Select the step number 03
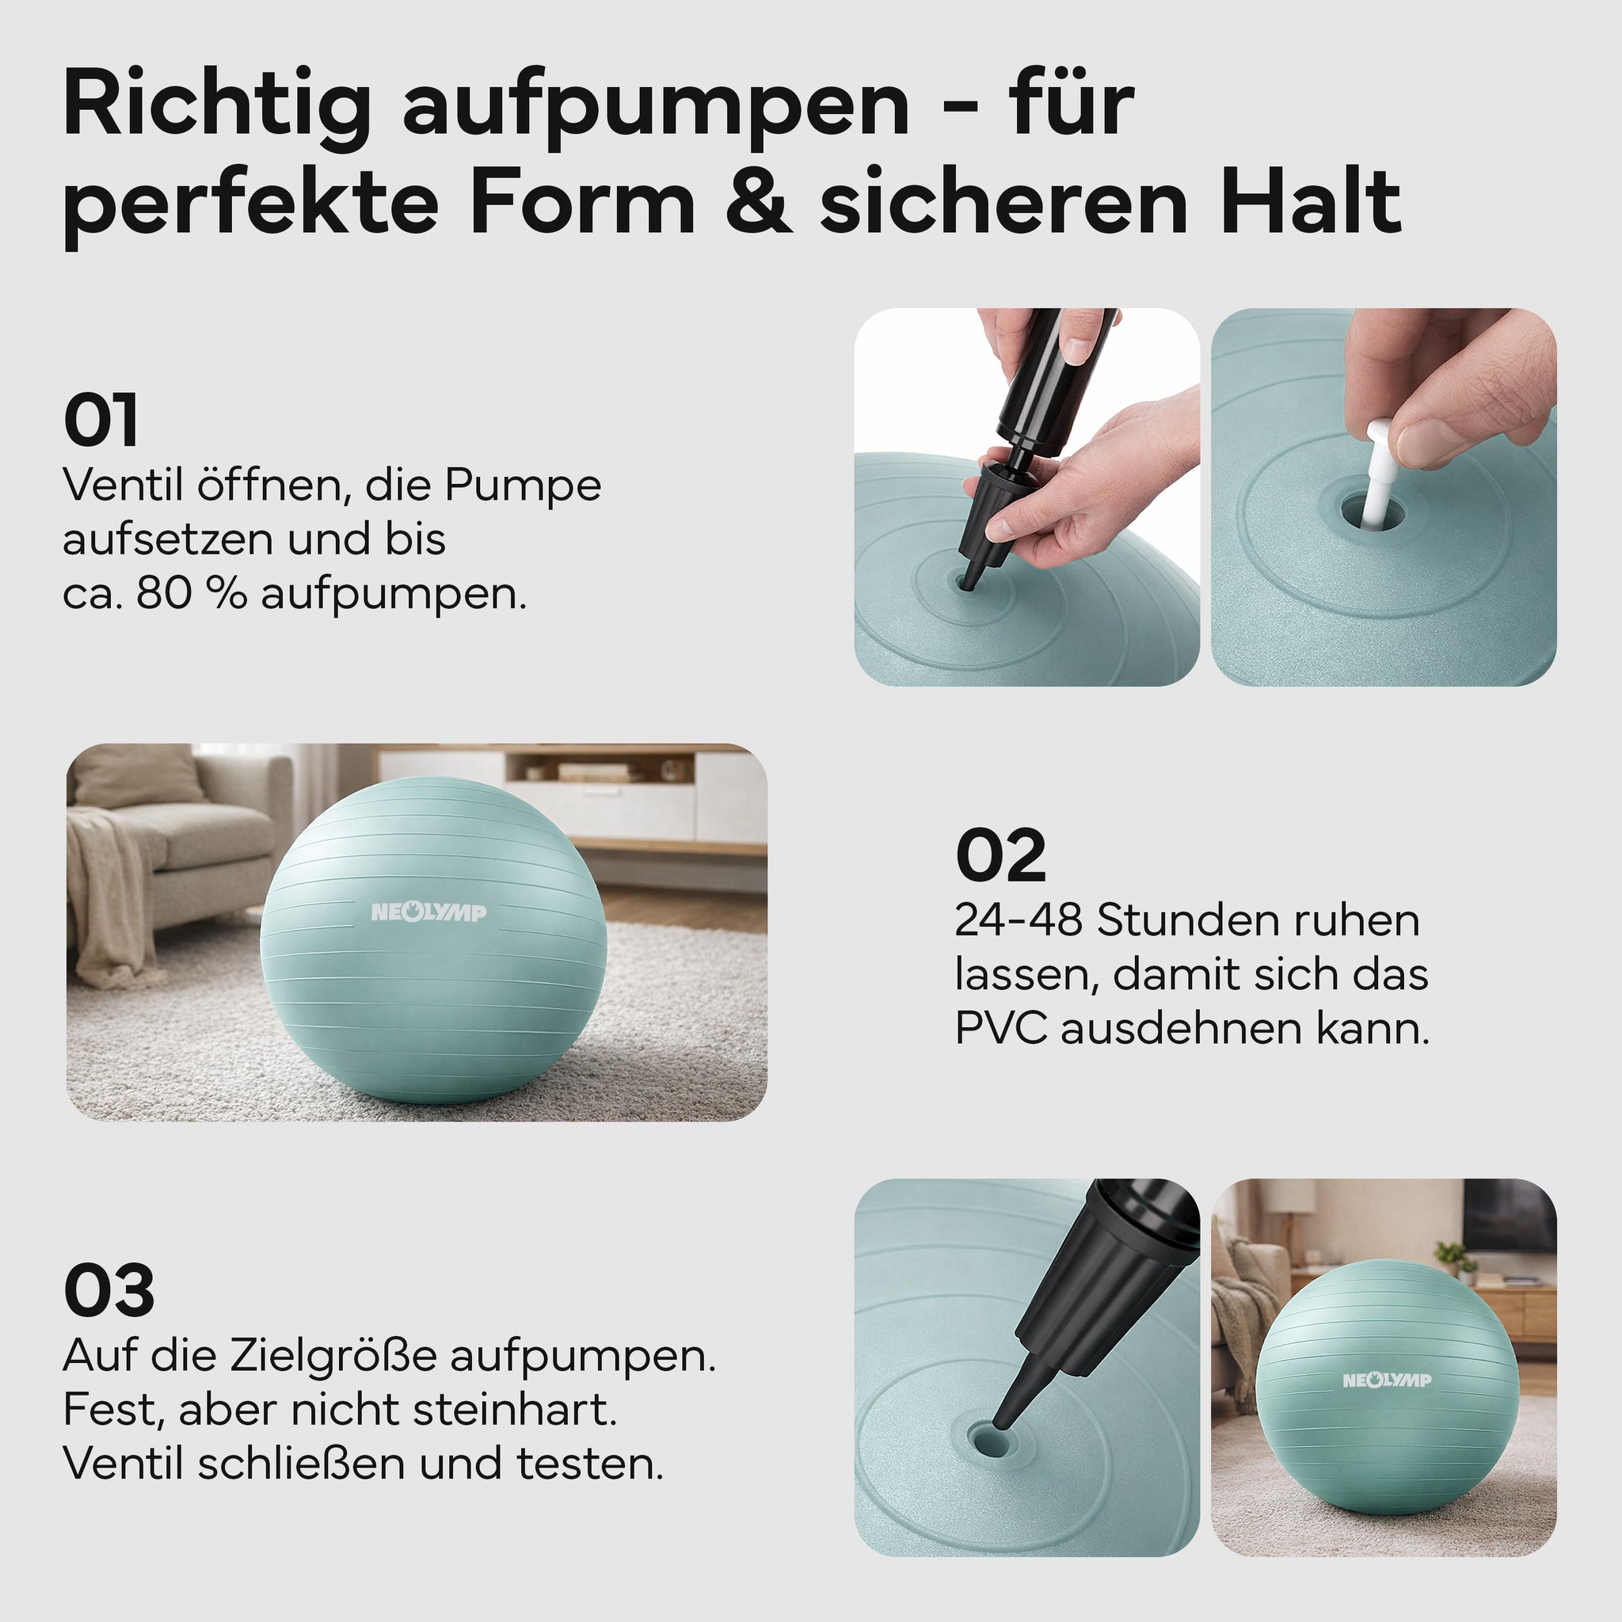[109, 1290]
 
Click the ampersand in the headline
[759, 201]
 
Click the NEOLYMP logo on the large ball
[429, 912]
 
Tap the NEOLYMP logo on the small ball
[1387, 1380]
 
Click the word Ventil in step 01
[123, 485]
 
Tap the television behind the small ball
[1509, 1216]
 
